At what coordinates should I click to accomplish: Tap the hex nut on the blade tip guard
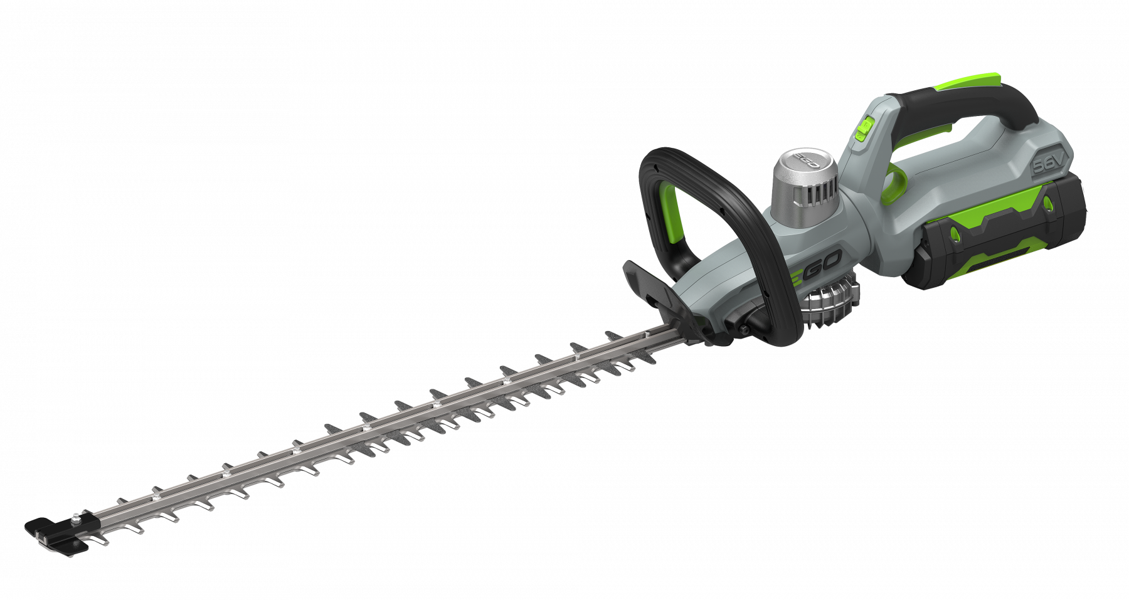[x=75, y=517]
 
